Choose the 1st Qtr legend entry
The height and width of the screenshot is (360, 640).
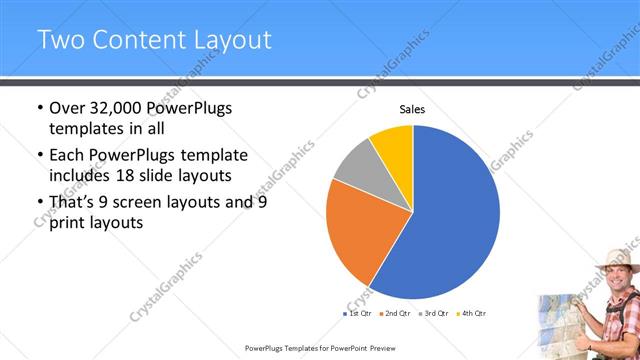(357, 313)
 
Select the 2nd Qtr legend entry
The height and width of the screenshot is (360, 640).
(395, 313)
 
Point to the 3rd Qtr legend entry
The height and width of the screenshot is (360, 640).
(433, 313)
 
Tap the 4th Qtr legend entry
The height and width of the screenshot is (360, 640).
(471, 313)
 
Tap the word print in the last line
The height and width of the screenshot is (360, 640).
(69, 224)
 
